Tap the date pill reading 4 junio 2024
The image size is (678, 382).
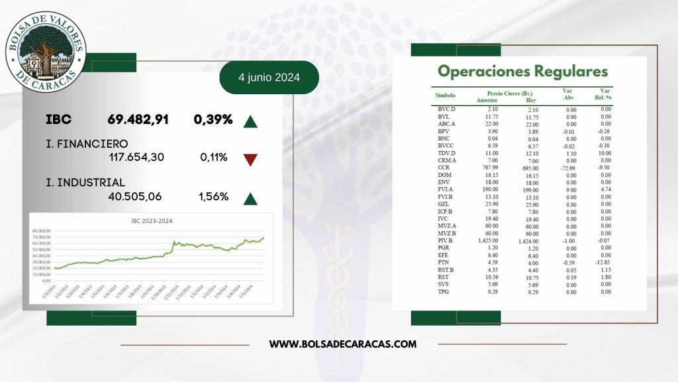(269, 78)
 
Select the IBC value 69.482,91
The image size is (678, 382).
(138, 120)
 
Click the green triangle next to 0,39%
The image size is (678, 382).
(250, 121)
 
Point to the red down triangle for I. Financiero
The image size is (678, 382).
(250, 159)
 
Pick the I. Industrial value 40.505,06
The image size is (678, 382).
(134, 196)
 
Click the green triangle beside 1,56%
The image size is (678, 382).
(250, 197)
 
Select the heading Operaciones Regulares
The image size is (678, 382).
(522, 71)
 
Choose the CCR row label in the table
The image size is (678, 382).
(444, 168)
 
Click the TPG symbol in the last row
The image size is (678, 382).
(444, 291)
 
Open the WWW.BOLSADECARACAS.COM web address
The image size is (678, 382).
(343, 344)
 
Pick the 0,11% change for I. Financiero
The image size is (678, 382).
(214, 158)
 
